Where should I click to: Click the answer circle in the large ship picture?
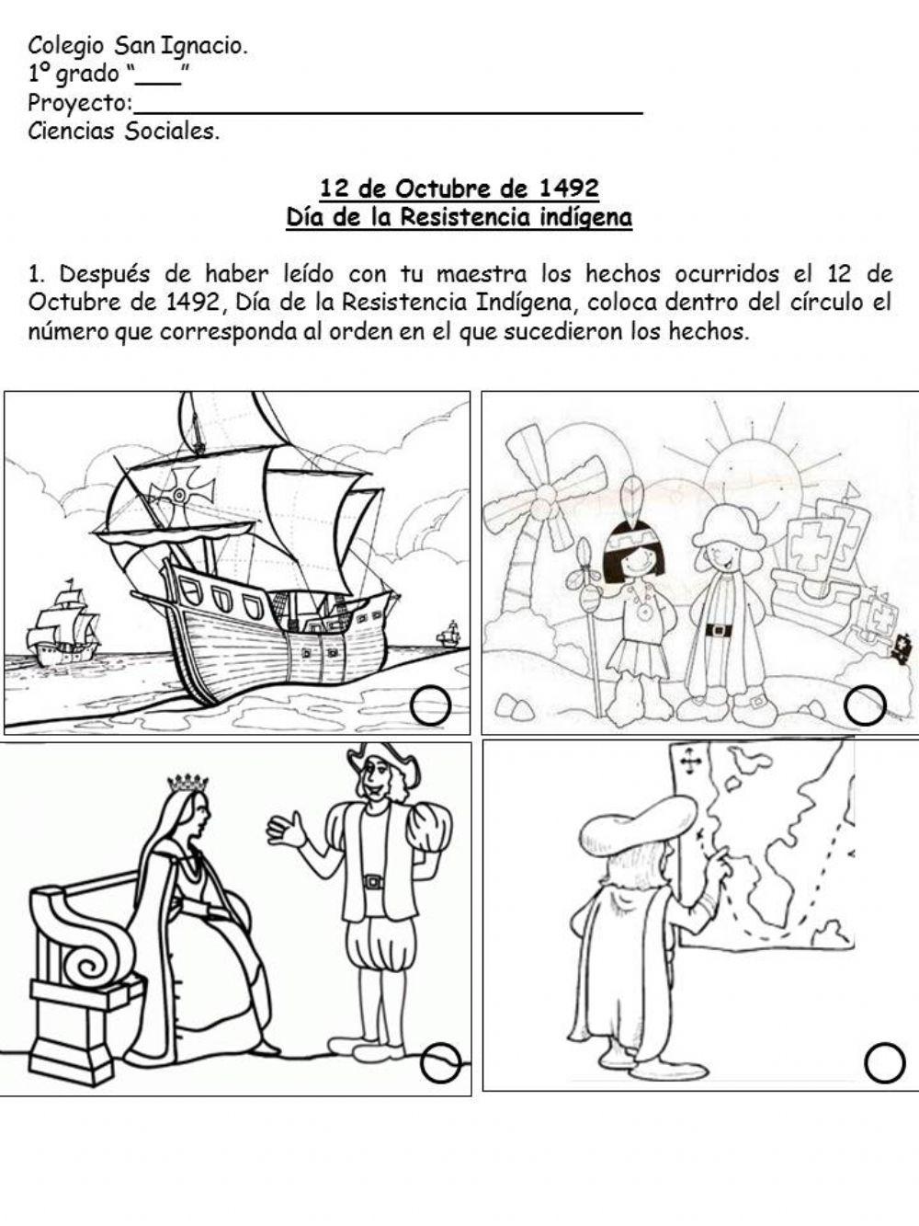tap(430, 706)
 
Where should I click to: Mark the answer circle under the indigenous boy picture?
tap(865, 706)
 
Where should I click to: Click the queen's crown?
tap(187, 783)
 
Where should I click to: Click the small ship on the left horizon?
tap(62, 624)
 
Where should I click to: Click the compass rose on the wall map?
tap(690, 762)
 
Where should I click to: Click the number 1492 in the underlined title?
tap(569, 189)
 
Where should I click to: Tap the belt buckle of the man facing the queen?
tap(372, 881)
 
